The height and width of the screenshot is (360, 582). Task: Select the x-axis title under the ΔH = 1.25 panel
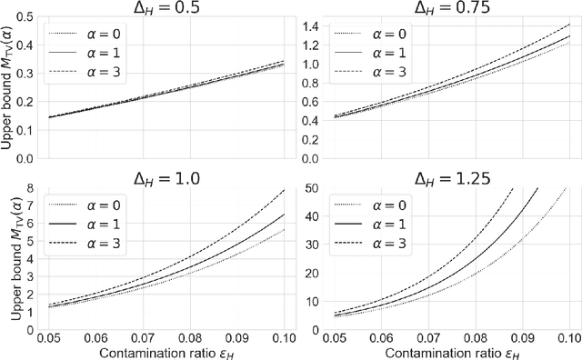click(442, 351)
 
